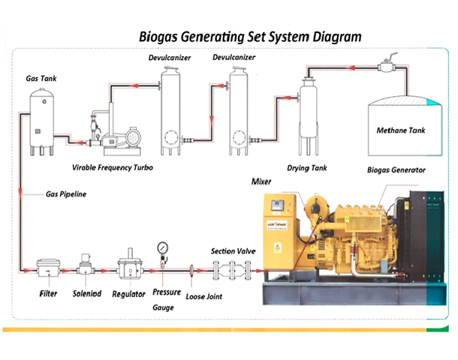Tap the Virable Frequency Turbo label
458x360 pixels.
113,167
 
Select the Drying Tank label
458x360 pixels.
308,169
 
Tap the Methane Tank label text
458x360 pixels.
400,130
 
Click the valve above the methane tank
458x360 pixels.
388,66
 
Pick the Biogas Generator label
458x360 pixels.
396,170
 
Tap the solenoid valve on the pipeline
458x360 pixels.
86,265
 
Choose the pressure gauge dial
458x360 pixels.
163,248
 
